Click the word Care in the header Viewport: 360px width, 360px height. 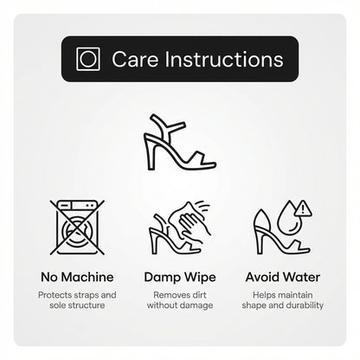[135, 60]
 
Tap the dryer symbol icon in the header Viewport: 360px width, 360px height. [88, 59]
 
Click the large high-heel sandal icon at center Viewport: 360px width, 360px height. [180, 142]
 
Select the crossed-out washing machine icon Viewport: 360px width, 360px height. [77, 228]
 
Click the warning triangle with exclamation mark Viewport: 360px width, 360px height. [303, 209]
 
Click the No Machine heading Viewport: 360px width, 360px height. [77, 277]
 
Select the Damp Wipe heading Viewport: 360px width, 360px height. [180, 278]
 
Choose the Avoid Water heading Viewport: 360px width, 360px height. [283, 277]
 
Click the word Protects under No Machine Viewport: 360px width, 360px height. [55, 295]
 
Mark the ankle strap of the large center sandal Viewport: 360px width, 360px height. [172, 126]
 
